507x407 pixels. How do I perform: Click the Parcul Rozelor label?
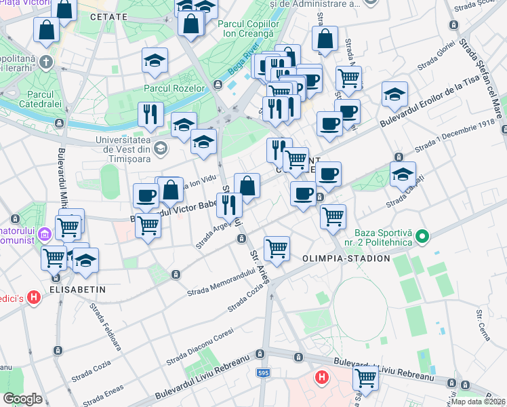coord(174,88)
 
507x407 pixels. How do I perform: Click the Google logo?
coord(23,399)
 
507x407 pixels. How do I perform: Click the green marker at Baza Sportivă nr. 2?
coord(422,237)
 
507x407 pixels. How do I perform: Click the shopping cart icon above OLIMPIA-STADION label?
coord(277,248)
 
